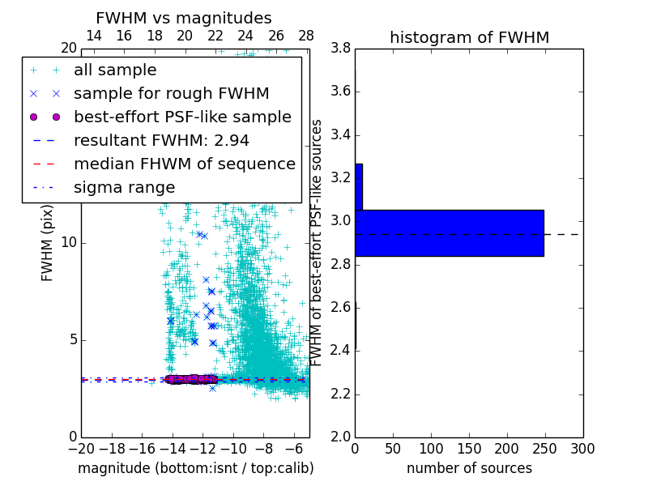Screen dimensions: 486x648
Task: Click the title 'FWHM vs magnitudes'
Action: coord(184,18)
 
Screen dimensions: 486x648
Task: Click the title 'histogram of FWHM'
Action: coord(469,37)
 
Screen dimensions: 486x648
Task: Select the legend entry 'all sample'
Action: coord(115,70)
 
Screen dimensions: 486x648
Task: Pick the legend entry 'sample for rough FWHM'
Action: coord(171,94)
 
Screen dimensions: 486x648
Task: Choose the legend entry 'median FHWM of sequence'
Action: coord(184,164)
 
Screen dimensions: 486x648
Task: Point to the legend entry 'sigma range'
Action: coord(124,187)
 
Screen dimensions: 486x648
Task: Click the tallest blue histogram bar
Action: coord(449,232)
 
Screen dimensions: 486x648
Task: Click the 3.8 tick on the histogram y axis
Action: coord(341,49)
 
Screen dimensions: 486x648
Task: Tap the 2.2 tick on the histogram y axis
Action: coord(341,394)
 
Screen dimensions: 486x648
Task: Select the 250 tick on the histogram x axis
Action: coord(507,448)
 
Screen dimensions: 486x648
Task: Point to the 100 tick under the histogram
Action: coord(431,448)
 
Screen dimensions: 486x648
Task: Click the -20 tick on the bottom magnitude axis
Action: coord(81,448)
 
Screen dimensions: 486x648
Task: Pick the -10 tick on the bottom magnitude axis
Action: coord(233,448)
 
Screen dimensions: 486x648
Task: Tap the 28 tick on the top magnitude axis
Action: coord(306,36)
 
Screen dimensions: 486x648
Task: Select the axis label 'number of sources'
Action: coord(469,468)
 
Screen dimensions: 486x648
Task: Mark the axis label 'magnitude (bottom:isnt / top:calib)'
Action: coord(195,468)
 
